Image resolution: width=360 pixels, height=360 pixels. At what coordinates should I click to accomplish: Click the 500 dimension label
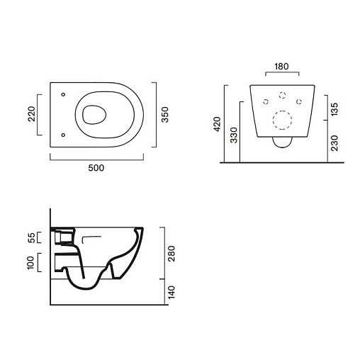tap(96, 168)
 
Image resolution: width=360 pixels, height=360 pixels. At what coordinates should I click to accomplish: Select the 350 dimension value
tap(165, 115)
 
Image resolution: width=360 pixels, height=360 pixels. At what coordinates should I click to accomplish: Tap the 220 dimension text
tap(31, 114)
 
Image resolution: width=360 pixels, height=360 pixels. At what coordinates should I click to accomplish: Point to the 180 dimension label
tap(281, 67)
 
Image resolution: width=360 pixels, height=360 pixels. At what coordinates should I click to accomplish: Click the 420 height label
tap(217, 124)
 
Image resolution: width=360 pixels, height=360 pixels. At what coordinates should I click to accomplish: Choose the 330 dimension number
tap(234, 135)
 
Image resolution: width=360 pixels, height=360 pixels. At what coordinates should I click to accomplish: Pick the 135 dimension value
tap(334, 109)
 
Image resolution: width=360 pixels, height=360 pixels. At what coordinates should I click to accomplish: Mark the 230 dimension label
tap(334, 143)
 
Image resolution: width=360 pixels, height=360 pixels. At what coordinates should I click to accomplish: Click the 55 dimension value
tap(31, 237)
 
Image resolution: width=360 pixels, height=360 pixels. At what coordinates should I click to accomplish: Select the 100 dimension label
tap(30, 262)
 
